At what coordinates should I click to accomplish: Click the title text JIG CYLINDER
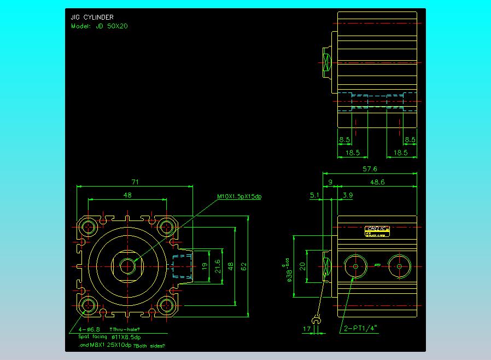tap(92, 18)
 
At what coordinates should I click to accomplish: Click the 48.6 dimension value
tap(378, 182)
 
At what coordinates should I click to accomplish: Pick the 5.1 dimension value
tap(315, 195)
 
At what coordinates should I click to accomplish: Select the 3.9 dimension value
tap(348, 195)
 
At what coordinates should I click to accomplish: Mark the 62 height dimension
tap(244, 266)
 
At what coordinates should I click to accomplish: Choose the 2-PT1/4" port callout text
tap(361, 329)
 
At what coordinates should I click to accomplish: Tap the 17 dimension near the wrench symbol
tap(306, 329)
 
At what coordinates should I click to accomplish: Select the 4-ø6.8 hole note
tap(90, 329)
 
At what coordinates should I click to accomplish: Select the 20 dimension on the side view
tap(302, 266)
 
